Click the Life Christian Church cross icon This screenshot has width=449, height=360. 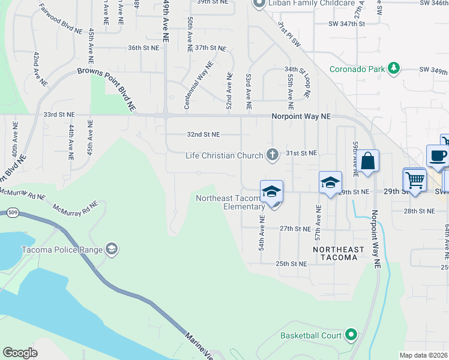(273, 155)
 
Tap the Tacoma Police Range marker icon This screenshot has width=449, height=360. (110, 249)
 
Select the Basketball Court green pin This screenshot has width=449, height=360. (352, 335)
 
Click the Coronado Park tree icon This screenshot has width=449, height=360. (394, 68)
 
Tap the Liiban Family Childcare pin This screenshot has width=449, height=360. (259, 4)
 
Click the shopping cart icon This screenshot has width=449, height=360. (414, 179)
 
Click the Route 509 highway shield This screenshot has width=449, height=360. (12, 212)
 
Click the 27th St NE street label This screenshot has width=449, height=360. (295, 229)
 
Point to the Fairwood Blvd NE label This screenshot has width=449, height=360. (59, 19)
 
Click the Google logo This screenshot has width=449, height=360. (20, 353)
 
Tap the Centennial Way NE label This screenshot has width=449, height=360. (199, 85)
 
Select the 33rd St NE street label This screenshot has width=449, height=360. (59, 114)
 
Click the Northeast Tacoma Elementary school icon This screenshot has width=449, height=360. (271, 191)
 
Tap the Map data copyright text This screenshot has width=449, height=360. (424, 355)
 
